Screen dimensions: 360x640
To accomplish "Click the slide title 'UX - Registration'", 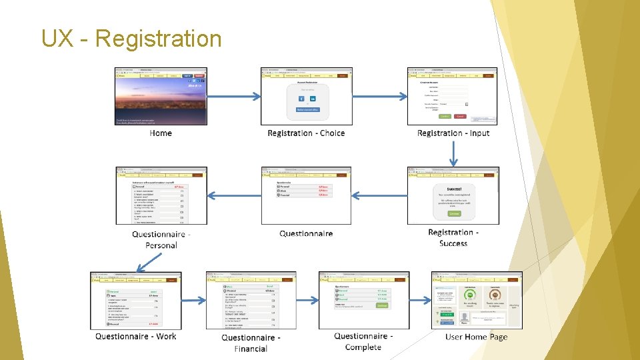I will click(131, 39).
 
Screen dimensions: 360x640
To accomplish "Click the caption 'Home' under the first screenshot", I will click(161, 133).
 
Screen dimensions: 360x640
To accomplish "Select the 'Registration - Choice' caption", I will click(306, 133).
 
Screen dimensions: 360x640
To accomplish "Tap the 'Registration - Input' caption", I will click(453, 133).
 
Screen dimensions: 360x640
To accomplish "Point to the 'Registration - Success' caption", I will click(453, 237).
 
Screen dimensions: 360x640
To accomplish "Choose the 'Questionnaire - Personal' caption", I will click(161, 239).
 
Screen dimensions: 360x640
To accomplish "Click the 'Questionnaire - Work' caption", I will click(136, 337).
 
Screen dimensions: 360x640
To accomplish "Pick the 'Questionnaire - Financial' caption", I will click(251, 343).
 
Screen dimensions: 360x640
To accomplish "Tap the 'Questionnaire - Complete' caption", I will click(363, 341).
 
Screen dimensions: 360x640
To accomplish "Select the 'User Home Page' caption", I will click(477, 337).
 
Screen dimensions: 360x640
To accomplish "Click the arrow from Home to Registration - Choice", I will click(233, 96).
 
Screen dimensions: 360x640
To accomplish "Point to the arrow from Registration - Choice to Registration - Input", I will click(379, 96).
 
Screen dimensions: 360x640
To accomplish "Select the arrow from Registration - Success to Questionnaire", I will click(379, 195).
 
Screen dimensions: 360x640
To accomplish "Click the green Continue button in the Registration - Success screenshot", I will click(454, 214).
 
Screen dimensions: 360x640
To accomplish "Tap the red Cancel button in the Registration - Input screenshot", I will click(460, 116).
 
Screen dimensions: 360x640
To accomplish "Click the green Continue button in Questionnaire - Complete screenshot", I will click(381, 306).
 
